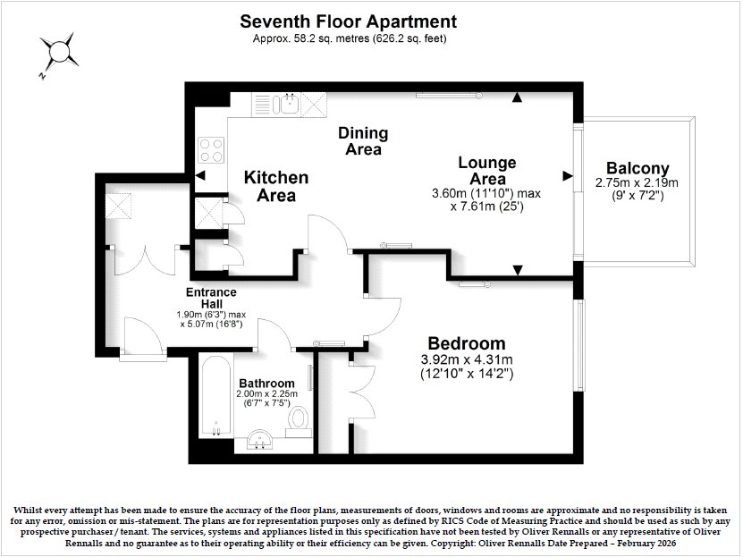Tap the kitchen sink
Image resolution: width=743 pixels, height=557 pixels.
pos(290,104)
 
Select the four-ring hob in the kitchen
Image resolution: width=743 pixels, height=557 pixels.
pos(211,150)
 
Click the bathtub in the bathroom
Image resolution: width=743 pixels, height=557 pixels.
pos(216,395)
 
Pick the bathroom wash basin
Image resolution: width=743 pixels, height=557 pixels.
pos(258,440)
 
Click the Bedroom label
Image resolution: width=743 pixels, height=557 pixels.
pos(466,343)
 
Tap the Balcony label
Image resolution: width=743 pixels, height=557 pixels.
pos(637,168)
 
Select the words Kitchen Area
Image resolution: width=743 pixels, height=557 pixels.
pos(276,186)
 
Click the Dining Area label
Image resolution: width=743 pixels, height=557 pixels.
pos(363,141)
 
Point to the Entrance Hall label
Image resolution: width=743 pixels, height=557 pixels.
pos(211,298)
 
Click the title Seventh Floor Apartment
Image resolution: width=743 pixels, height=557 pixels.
pos(349,21)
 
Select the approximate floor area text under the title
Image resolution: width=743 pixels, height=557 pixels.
pos(350,38)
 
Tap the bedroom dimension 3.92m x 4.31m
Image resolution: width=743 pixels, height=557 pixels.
pos(467,360)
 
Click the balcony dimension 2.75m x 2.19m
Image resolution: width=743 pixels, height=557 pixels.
pos(637,182)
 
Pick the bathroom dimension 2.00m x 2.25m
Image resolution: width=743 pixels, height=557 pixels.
pos(266,394)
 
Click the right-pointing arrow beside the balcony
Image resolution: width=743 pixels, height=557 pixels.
pos(568,176)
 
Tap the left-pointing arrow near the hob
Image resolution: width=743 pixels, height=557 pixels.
pos(200,176)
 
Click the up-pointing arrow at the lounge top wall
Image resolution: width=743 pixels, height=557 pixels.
pos(517,97)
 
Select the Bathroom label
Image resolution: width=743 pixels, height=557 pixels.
pos(266,384)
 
